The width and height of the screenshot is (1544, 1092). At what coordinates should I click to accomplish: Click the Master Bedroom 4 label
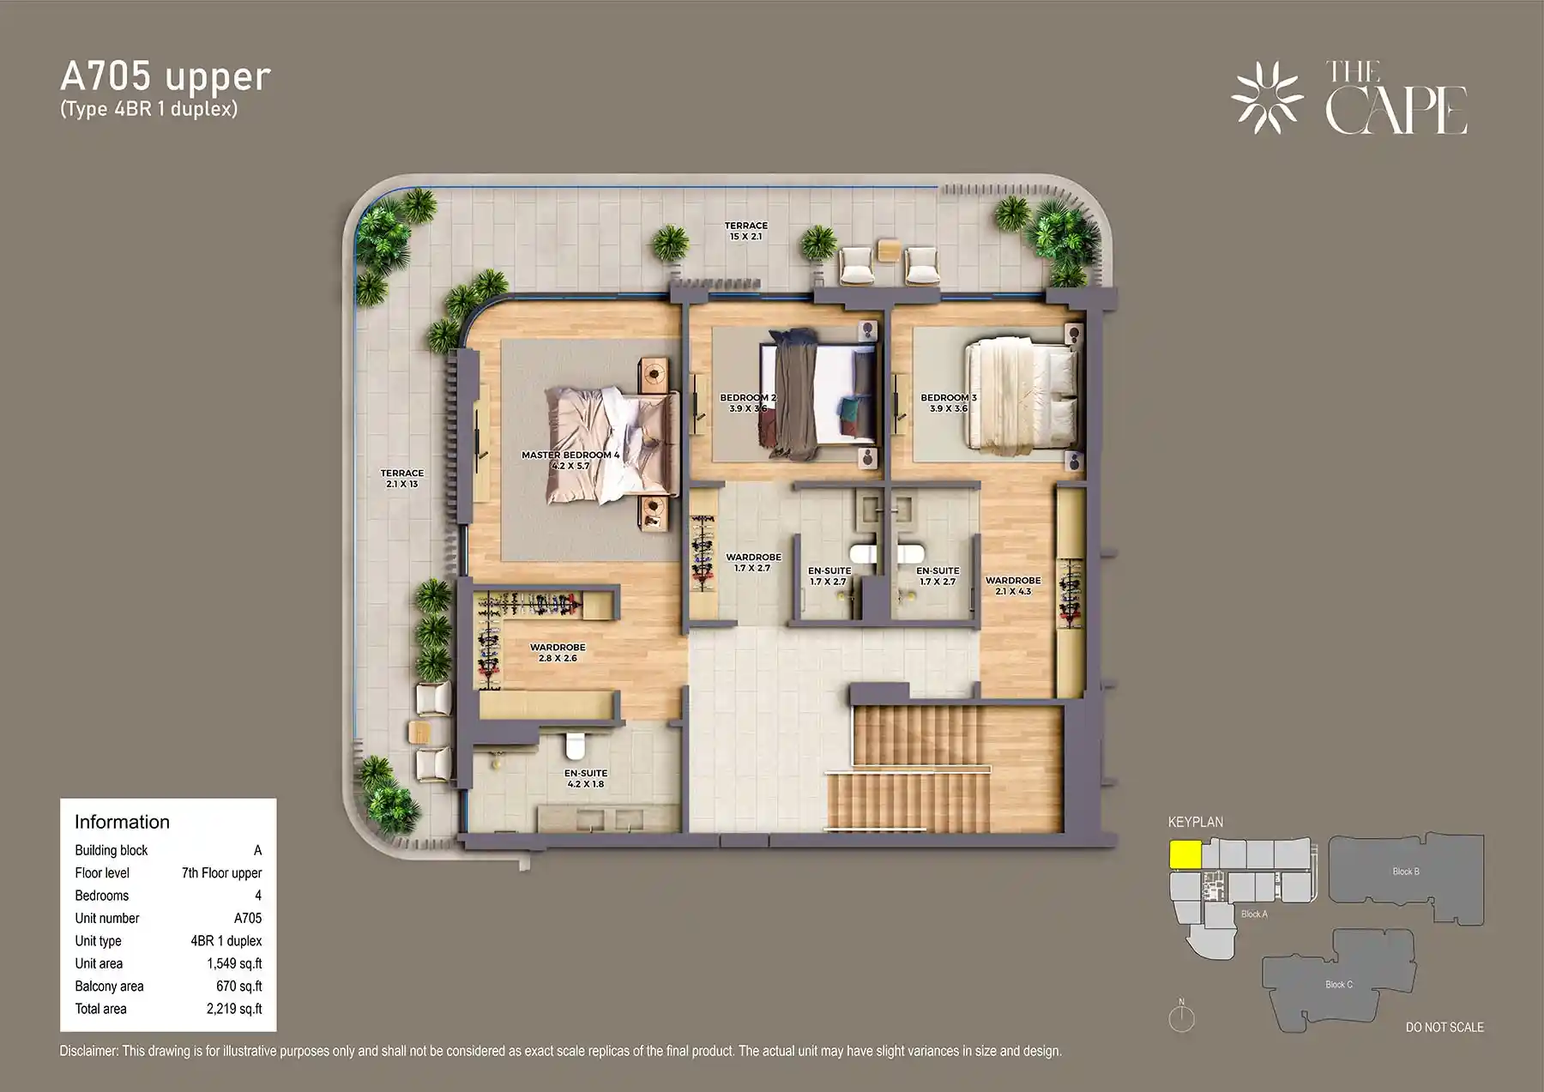(570, 461)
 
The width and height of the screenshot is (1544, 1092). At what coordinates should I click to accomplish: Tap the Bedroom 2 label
(748, 403)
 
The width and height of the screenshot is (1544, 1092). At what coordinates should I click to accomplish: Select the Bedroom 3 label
(949, 403)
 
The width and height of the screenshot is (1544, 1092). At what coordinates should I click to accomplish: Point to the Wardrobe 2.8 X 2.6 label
(558, 653)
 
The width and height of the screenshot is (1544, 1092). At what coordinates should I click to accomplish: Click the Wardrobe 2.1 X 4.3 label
(1013, 586)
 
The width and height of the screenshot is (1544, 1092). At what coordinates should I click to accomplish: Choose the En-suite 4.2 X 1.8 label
(586, 779)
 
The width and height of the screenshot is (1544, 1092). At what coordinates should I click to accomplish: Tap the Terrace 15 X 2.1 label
(746, 231)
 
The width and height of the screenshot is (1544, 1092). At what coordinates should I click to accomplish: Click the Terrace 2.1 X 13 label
(402, 479)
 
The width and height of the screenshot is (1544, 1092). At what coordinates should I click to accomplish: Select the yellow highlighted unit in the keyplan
(1185, 854)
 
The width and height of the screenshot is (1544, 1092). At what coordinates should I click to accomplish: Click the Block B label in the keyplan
(1406, 872)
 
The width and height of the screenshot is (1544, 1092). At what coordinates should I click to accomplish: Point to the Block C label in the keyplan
(1339, 985)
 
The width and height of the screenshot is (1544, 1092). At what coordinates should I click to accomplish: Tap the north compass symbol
(1182, 1017)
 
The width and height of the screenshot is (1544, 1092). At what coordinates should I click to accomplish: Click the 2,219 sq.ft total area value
(234, 1009)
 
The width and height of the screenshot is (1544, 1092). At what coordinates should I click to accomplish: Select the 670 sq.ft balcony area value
(239, 986)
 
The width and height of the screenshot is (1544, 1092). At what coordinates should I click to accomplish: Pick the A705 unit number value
(248, 918)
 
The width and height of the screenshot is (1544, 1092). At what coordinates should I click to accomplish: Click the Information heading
(122, 822)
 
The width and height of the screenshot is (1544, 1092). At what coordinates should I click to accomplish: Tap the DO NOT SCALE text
(1444, 1027)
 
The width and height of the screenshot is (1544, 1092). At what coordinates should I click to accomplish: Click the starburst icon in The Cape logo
(1267, 98)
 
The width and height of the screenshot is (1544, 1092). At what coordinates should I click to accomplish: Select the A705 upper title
(166, 76)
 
